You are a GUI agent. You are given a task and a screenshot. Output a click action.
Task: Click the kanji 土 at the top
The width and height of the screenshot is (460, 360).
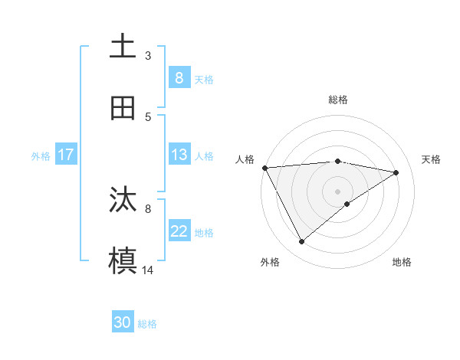123,46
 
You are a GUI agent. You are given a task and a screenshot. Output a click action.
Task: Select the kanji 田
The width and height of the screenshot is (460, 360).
123,108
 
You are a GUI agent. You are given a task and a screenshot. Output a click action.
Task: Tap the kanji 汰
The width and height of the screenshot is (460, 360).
123,200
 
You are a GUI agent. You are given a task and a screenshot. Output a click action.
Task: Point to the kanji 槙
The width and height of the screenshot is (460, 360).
123,260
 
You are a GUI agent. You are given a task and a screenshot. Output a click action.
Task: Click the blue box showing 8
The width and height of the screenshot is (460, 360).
179,77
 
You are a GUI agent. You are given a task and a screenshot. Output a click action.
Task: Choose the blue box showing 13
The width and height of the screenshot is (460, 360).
179,155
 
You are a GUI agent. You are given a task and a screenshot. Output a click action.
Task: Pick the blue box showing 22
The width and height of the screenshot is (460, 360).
179,231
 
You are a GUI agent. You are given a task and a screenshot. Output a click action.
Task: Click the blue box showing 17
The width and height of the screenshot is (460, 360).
66,155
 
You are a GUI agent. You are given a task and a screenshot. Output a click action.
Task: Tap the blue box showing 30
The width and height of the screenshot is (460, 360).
123,322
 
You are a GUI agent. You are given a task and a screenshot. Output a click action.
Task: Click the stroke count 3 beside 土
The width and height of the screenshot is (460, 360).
148,55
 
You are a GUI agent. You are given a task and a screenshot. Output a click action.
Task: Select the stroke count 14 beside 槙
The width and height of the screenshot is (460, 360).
148,270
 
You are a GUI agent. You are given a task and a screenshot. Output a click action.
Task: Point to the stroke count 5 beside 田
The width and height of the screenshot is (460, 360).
148,116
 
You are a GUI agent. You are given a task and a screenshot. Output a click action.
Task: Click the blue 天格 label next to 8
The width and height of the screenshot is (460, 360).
204,79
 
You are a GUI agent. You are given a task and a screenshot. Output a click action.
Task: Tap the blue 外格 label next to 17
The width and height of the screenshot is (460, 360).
41,155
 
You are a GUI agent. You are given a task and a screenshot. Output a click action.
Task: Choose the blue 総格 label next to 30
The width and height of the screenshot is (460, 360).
147,324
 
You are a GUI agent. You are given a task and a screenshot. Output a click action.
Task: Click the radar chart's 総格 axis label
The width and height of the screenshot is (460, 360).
338,100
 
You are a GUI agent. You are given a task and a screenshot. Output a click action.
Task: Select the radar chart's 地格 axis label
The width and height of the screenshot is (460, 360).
402,262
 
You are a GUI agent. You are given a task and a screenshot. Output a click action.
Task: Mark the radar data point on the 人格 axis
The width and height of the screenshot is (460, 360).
264,168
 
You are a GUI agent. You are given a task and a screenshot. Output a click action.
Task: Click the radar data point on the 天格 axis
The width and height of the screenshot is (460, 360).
396,172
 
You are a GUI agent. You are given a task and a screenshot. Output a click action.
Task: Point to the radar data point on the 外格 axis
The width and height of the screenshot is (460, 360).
301,241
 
